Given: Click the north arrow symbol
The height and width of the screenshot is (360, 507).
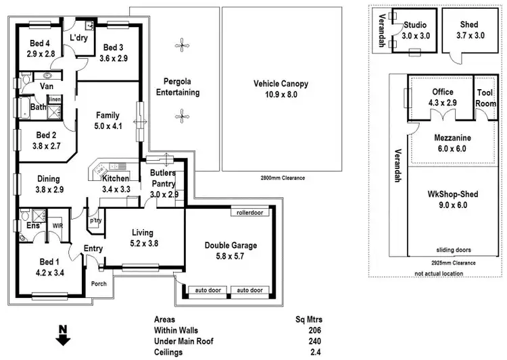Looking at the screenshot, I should [x=62, y=336].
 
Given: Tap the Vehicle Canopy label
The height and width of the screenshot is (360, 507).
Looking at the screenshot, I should [x=281, y=84].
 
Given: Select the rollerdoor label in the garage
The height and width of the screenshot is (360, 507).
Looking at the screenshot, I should [x=249, y=213].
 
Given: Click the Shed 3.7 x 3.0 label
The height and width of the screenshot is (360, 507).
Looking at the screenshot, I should [x=470, y=30].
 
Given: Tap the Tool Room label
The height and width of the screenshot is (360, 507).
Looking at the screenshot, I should [x=485, y=99].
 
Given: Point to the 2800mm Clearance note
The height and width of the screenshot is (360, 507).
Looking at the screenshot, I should [x=283, y=178].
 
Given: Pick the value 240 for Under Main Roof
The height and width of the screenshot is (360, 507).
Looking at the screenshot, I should [x=314, y=341].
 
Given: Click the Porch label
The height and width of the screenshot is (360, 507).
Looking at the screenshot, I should [x=99, y=284].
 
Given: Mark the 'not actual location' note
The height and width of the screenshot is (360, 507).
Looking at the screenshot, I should [x=439, y=273].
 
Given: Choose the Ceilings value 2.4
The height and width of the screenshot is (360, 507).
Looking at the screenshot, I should [x=314, y=352].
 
